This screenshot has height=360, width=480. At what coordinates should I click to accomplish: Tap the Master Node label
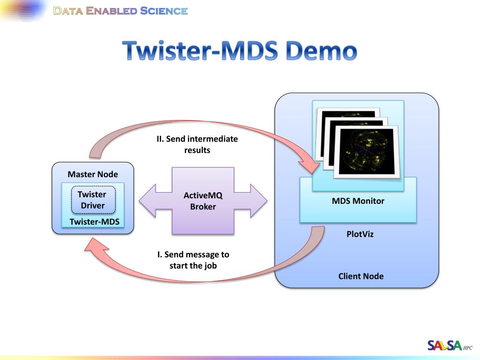pos(93,174)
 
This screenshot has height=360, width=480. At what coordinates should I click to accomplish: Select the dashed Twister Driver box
pos(93,200)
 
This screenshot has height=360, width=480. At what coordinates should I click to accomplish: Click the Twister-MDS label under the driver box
pos(94,222)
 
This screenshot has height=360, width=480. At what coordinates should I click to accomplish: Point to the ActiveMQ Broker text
pos(203,201)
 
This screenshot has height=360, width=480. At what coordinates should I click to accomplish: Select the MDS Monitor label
pos(358,201)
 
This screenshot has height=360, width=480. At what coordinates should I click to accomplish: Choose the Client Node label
pos(361,276)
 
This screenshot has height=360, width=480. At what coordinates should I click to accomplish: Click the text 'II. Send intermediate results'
pos(197,144)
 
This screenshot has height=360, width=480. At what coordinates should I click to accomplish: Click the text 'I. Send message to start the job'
pos(193,260)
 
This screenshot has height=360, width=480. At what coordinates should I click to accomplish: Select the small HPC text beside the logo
pos(468,348)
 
